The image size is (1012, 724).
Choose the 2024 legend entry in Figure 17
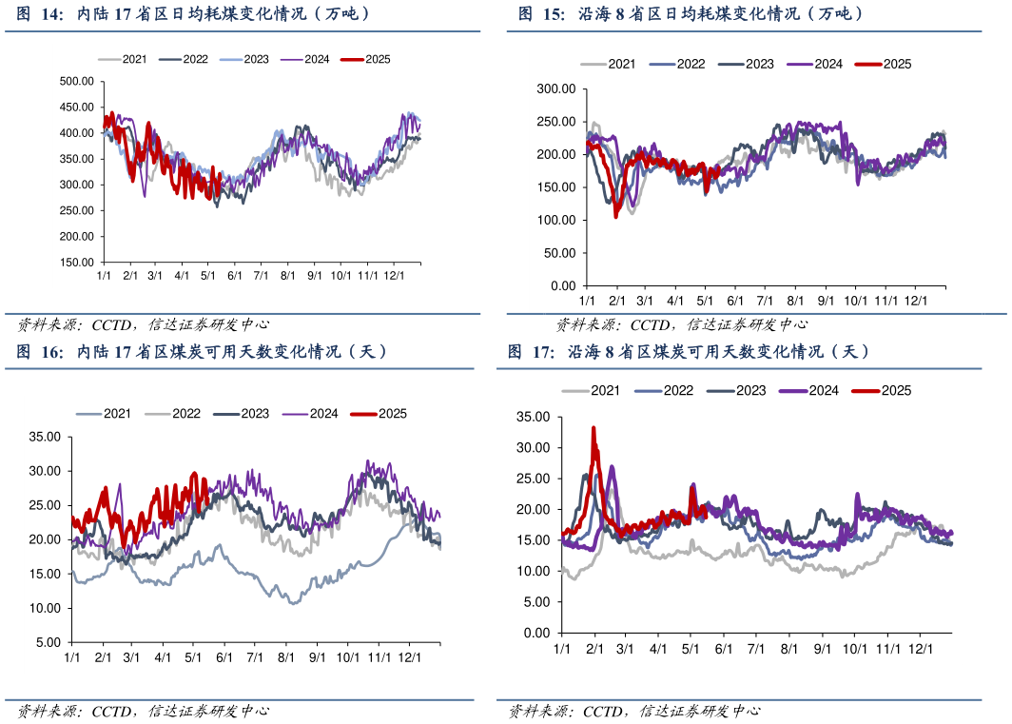(814, 390)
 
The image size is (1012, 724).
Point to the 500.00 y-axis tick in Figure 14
(76, 81)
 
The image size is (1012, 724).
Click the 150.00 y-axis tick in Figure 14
(76, 262)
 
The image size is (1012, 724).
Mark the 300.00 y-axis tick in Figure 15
(557, 88)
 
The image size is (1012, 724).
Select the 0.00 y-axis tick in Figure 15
(564, 285)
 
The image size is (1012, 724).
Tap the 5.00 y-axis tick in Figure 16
(49, 642)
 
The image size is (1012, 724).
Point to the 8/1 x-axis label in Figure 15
(795, 300)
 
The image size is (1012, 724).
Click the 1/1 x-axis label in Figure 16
(72, 656)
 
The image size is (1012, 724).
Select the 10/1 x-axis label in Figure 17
(853, 648)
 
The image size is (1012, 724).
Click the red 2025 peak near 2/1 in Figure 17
(594, 429)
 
